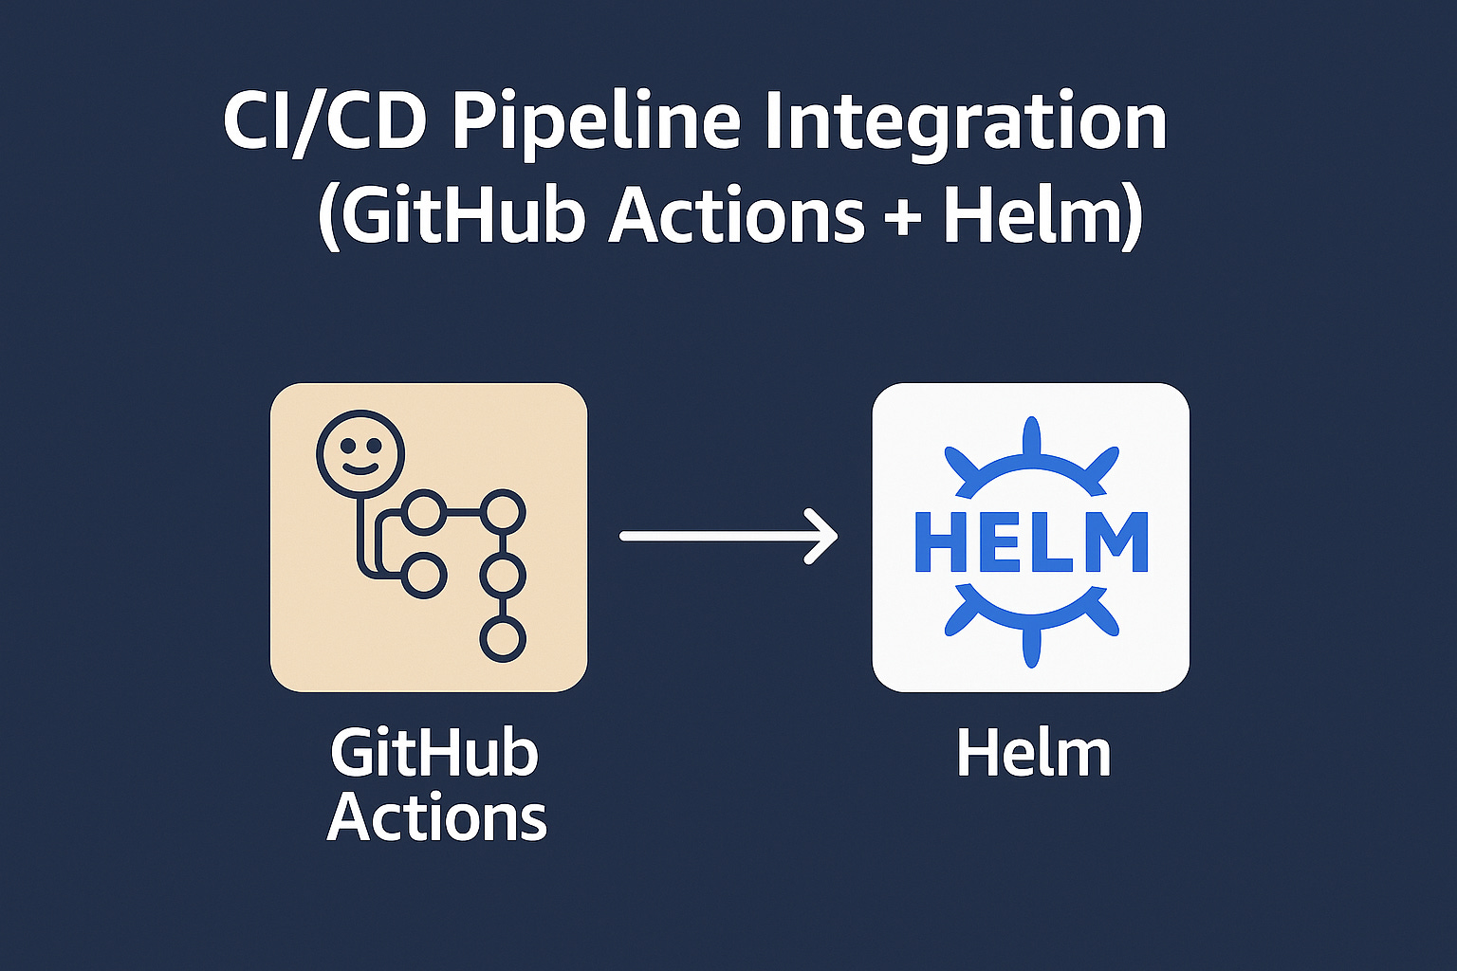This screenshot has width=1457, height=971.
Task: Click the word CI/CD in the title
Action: click(323, 122)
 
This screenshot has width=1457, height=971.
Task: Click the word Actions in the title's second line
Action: click(736, 215)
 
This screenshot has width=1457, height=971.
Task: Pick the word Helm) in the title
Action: click(1042, 217)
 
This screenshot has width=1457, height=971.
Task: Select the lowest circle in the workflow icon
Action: click(503, 639)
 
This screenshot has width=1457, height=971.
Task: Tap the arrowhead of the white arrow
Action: click(823, 536)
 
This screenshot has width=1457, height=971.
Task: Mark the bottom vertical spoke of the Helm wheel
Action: click(1031, 646)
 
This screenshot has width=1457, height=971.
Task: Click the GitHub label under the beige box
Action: click(434, 755)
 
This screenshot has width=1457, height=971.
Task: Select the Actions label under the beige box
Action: click(437, 817)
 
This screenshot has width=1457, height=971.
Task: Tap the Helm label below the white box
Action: click(1033, 755)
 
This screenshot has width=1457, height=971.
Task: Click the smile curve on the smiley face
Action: click(360, 467)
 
